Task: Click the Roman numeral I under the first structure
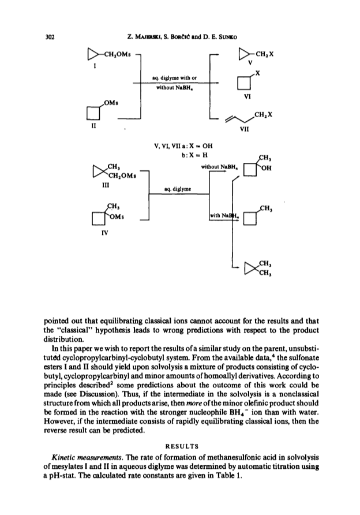[x=95, y=66]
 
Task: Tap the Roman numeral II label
[x=93, y=125]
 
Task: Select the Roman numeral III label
[x=106, y=185]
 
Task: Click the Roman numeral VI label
[x=247, y=96]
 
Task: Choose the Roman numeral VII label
[x=244, y=129]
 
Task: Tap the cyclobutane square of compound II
[x=93, y=113]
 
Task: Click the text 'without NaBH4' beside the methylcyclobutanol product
[x=219, y=167]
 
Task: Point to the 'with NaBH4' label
[x=224, y=215]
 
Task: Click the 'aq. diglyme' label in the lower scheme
[x=178, y=189]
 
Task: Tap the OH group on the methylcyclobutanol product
[x=267, y=168]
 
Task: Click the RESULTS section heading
[x=182, y=446]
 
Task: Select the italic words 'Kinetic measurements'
[x=87, y=457]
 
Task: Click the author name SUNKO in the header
[x=227, y=37]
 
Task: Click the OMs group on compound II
[x=111, y=103]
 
